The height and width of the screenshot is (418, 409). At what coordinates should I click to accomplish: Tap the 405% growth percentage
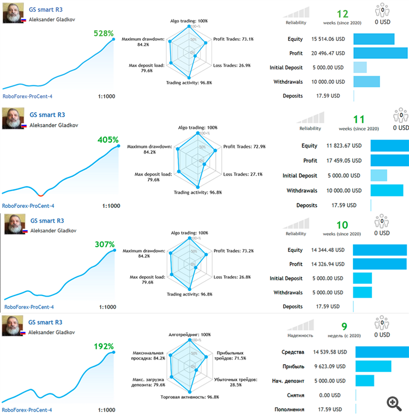107,139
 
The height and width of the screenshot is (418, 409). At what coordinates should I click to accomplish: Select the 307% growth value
104,245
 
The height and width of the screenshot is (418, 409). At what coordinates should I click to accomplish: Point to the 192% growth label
103,346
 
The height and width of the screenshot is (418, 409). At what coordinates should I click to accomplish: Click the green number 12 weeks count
342,14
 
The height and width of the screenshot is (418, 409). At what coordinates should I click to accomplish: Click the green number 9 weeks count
344,327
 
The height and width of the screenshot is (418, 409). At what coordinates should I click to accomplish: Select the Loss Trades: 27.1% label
243,175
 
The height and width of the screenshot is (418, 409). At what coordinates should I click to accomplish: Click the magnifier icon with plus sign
394,403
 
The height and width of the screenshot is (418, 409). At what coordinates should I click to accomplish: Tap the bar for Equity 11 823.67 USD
389,146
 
